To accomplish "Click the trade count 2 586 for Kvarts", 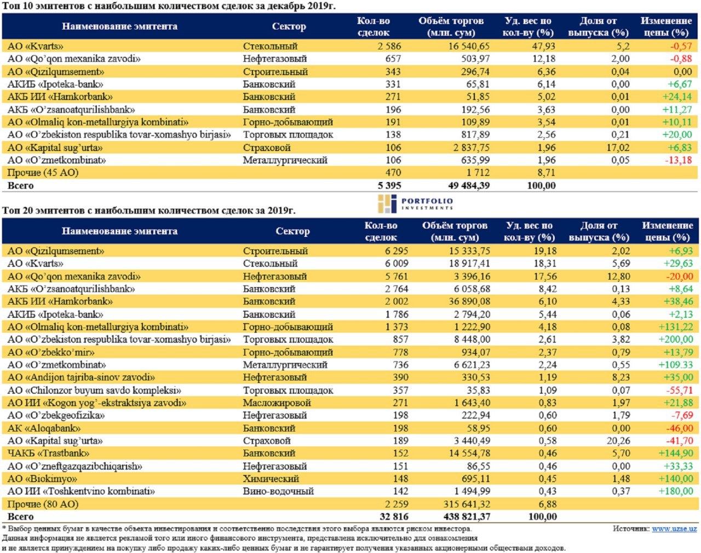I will click(x=389, y=46).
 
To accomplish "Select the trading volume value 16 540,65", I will click(x=469, y=46).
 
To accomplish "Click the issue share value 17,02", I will click(x=618, y=147).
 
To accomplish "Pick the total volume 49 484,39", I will click(x=469, y=185).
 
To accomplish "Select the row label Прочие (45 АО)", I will click(x=43, y=172).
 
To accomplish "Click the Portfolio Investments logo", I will click(x=416, y=203).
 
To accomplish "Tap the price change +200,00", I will click(x=675, y=339).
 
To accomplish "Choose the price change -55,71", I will click(x=679, y=390).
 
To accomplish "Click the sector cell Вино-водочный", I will click(x=278, y=491).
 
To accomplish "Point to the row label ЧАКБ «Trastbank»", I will click(x=48, y=453).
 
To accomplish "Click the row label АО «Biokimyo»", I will click(x=42, y=479).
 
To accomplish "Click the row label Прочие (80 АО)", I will click(x=43, y=504).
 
